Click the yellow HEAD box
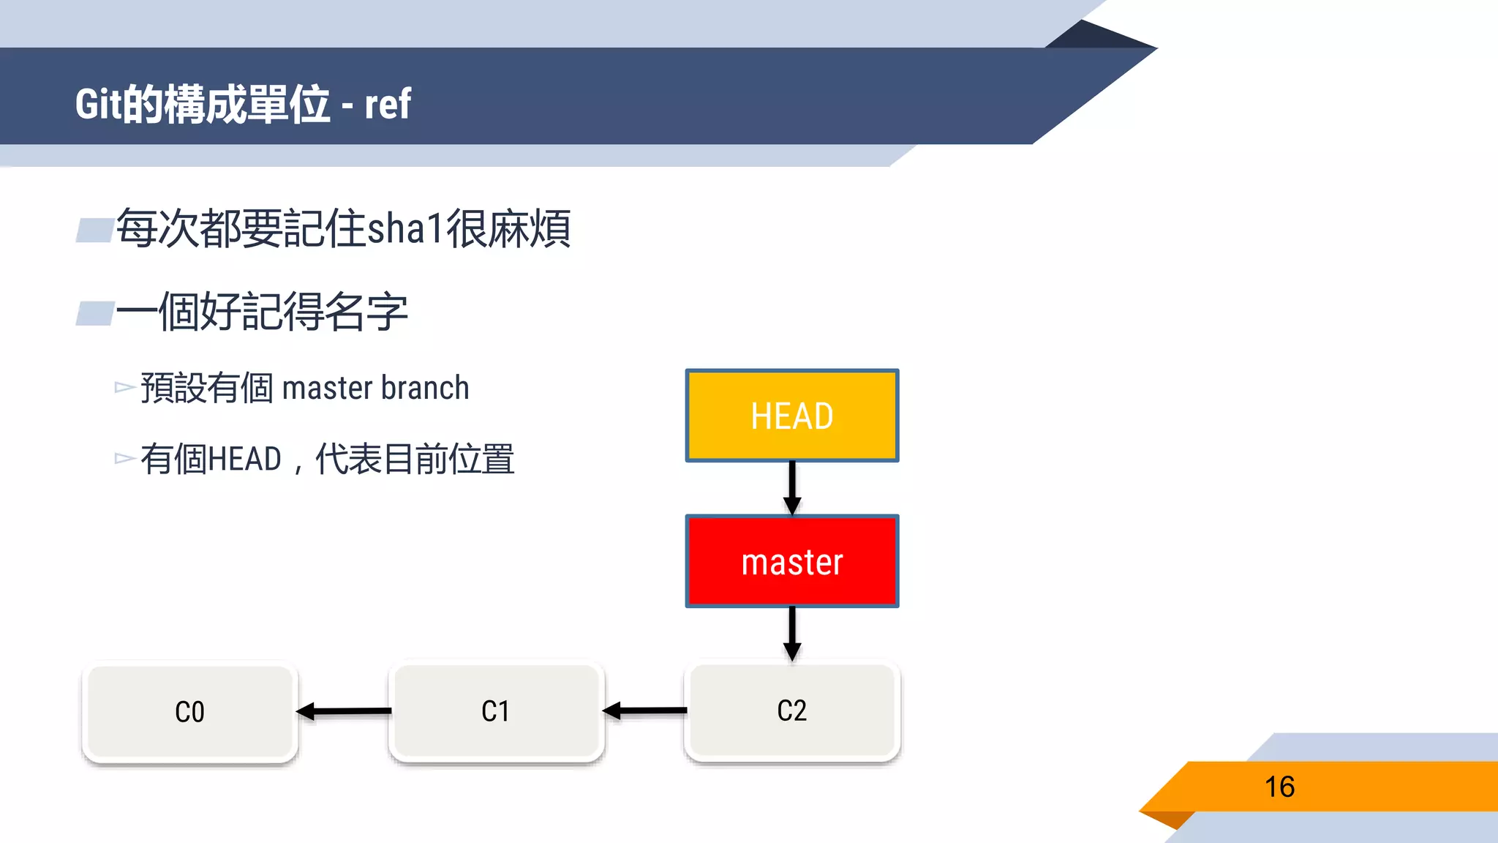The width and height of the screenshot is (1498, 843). [x=791, y=416]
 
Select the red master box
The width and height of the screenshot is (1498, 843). [x=791, y=561]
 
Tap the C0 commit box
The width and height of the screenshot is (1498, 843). [x=189, y=711]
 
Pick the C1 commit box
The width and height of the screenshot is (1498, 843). [x=496, y=711]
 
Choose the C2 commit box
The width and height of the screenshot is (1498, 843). [x=791, y=711]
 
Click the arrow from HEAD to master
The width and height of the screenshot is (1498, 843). [x=791, y=487]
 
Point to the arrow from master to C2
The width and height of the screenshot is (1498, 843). [x=791, y=632]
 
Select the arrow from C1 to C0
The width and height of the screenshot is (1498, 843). [x=344, y=711]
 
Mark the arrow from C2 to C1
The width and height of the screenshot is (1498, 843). [x=644, y=711]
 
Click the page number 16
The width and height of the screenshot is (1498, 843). [x=1279, y=787]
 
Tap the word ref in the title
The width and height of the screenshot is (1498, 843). [x=388, y=104]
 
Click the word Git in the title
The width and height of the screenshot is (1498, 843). [x=97, y=104]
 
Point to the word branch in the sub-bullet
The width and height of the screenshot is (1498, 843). [x=425, y=388]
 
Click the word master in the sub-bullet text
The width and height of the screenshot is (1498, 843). [x=328, y=388]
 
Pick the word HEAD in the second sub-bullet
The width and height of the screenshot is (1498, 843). [x=245, y=460]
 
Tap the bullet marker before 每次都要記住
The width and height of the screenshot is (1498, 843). [x=94, y=230]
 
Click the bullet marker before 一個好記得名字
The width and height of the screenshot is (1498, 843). [x=94, y=313]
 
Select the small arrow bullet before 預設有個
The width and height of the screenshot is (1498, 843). [x=124, y=387]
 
